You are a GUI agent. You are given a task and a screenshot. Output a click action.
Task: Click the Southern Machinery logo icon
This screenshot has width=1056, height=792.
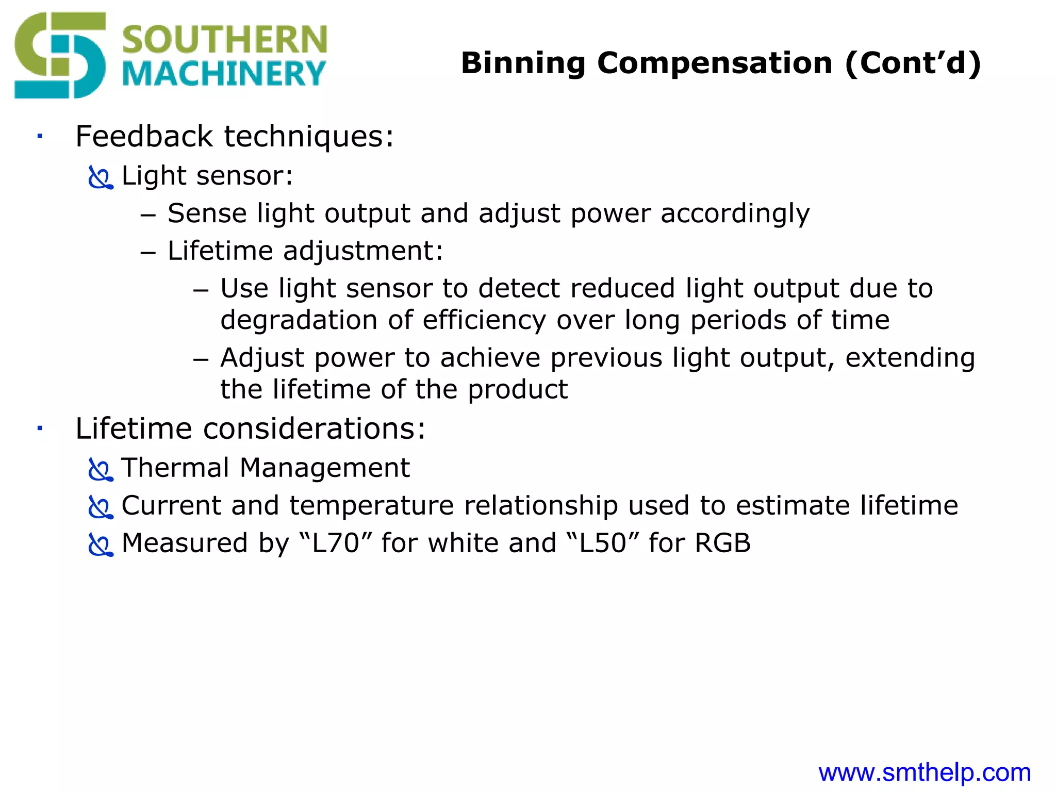(59, 56)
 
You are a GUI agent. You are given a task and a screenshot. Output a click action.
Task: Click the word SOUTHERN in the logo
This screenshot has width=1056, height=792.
(224, 40)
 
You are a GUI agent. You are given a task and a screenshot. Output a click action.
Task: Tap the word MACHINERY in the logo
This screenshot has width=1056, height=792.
(224, 74)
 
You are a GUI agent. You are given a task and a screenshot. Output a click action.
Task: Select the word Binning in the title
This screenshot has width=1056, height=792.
(523, 63)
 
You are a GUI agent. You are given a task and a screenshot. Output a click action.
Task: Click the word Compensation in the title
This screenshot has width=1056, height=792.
(715, 63)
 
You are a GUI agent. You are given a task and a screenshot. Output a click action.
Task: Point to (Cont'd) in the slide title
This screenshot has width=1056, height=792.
(913, 63)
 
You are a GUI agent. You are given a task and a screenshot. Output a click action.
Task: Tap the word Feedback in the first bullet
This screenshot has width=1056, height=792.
(144, 137)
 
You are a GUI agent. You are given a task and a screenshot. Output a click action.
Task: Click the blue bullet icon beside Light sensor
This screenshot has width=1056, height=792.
(100, 177)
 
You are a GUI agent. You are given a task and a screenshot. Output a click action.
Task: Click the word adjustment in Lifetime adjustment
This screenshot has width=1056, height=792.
(363, 252)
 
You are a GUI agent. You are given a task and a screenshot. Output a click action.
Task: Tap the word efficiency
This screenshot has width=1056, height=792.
(484, 320)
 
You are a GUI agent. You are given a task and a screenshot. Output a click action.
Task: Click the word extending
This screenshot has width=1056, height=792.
(910, 358)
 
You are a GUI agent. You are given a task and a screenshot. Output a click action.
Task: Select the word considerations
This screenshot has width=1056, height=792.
(314, 428)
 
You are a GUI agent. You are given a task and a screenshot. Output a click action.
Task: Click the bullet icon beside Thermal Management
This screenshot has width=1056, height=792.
(100, 470)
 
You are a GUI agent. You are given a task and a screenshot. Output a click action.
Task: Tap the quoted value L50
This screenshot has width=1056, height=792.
(602, 543)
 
